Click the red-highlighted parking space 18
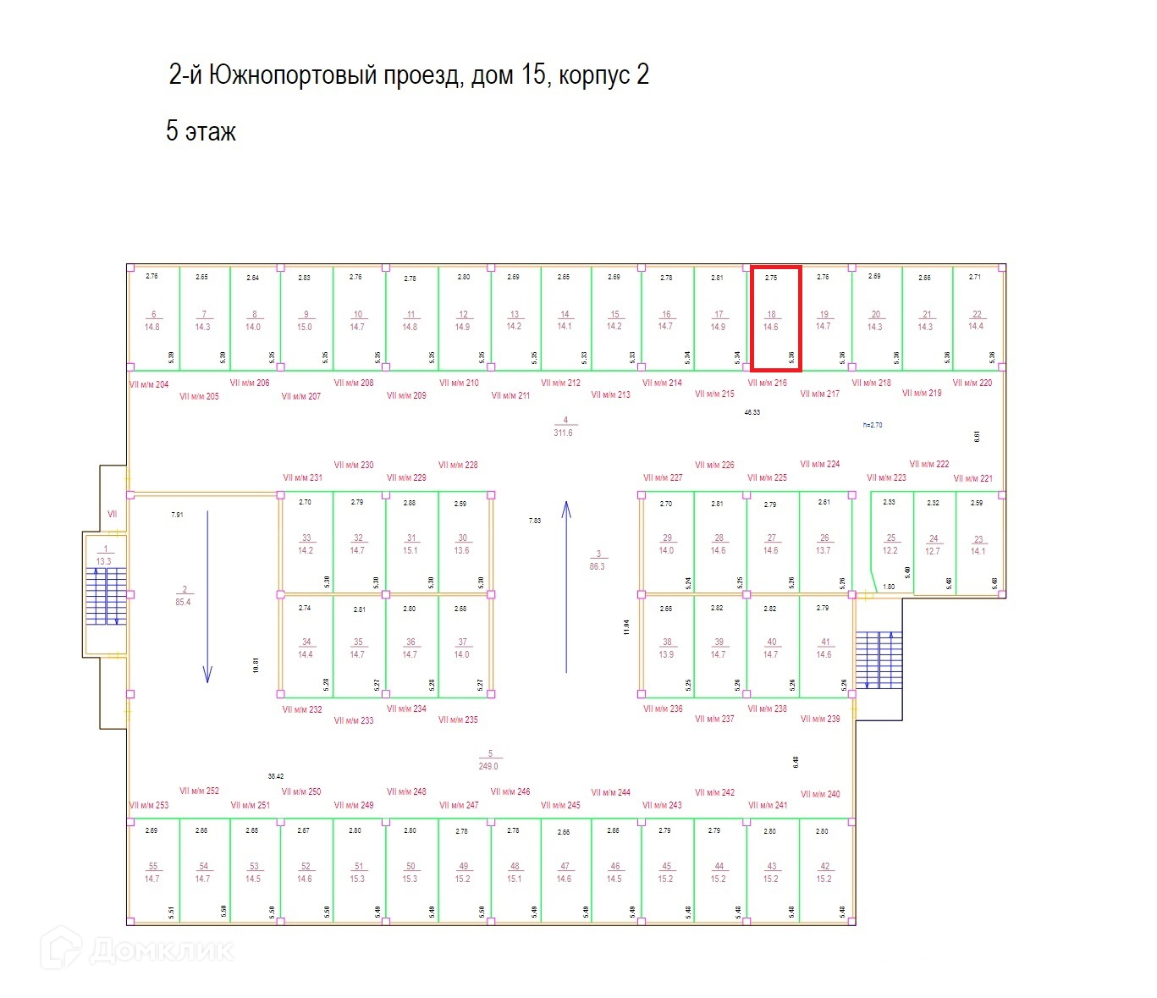tap(775, 318)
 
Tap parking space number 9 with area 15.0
tap(306, 320)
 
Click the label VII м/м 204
tap(149, 384)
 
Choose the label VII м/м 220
tap(972, 383)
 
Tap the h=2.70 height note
tap(872, 425)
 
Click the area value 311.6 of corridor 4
tap(563, 433)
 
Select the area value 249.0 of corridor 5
tap(488, 766)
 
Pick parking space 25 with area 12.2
tap(890, 543)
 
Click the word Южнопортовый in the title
tap(292, 75)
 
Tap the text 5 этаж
tap(201, 132)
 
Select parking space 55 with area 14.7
tap(152, 872)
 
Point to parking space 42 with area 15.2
tap(824, 872)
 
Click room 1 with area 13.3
tap(104, 555)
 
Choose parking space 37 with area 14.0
tap(462, 648)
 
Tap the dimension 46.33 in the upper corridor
tap(752, 412)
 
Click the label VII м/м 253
tap(149, 805)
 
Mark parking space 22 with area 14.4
tap(977, 320)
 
